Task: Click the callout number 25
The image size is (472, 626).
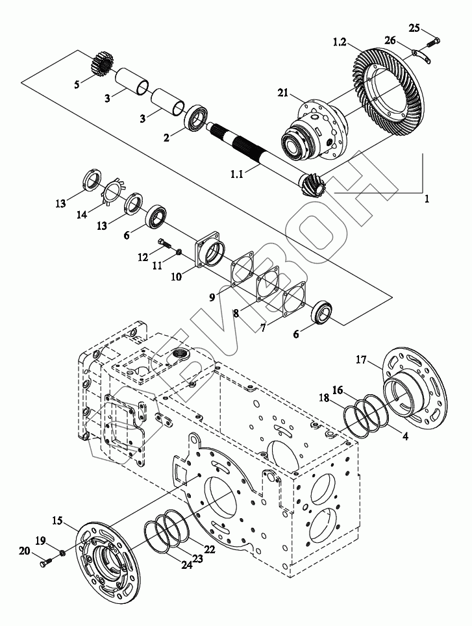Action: pyautogui.click(x=415, y=28)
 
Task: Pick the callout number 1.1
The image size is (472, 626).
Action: pyautogui.click(x=236, y=175)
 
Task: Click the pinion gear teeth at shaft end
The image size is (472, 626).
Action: pyautogui.click(x=314, y=184)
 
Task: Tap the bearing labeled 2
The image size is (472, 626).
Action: pyautogui.click(x=196, y=117)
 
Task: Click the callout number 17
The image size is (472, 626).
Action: pyautogui.click(x=361, y=360)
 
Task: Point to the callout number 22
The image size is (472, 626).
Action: pyautogui.click(x=210, y=550)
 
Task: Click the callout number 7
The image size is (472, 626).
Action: pyautogui.click(x=263, y=328)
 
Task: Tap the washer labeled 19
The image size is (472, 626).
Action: pyautogui.click(x=62, y=553)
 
